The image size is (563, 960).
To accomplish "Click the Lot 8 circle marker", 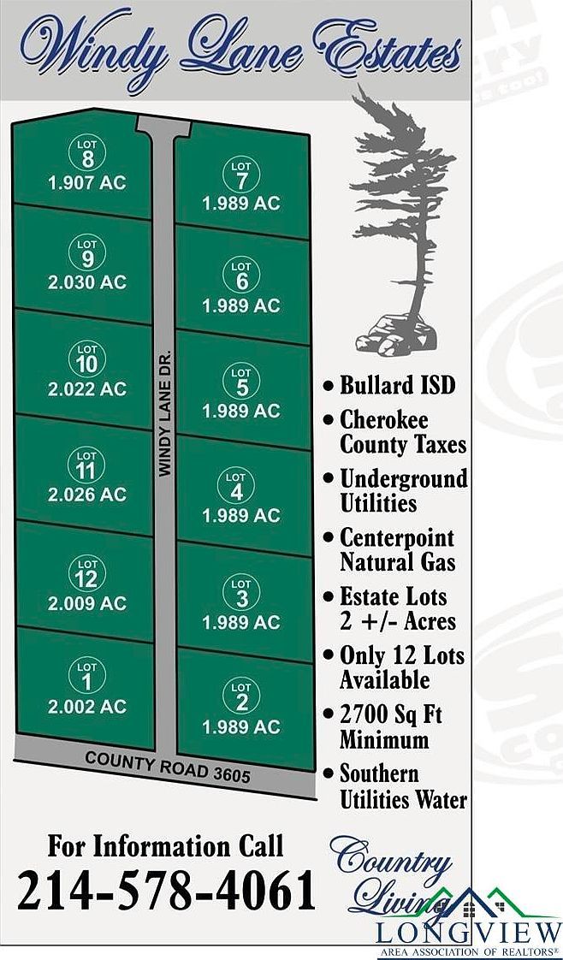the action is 87,154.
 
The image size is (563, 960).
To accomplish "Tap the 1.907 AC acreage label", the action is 87,182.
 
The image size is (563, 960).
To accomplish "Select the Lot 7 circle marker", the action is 241,175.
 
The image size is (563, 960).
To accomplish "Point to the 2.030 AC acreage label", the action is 87,282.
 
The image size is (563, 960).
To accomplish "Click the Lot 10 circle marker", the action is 87,359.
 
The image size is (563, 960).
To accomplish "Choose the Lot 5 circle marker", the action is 241,382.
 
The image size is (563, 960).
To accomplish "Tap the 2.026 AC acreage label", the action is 87,494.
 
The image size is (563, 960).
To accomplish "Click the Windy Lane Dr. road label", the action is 165,412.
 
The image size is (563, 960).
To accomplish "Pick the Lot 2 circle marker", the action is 241,696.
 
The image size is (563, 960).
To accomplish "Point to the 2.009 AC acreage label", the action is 87,602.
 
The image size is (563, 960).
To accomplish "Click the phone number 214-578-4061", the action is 166,892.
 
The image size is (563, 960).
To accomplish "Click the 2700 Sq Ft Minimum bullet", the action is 390,726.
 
